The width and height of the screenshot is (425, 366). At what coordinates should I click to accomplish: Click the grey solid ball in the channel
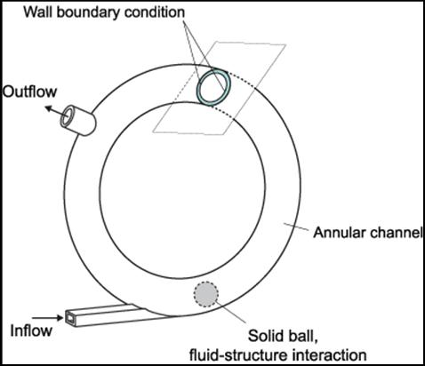[x=206, y=294]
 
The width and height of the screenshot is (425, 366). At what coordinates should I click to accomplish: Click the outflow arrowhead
[x=48, y=109]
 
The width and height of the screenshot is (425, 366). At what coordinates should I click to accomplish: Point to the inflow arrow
[x=48, y=318]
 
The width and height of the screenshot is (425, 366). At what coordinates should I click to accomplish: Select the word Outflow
[x=29, y=91]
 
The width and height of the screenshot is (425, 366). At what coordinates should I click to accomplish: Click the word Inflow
[x=31, y=330]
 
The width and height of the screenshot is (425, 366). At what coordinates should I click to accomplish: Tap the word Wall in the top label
[x=36, y=12]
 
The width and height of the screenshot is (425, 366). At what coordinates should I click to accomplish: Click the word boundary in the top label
[x=87, y=12]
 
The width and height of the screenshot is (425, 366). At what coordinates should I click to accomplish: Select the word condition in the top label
[x=155, y=12]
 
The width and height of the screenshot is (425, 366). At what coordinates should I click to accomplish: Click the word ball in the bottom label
[x=301, y=336]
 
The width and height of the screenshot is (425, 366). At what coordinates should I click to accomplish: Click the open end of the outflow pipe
[x=68, y=116]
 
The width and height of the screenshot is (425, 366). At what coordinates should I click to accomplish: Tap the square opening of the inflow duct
[x=69, y=319]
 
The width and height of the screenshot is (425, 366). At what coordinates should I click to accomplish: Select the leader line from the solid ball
[x=230, y=312]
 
